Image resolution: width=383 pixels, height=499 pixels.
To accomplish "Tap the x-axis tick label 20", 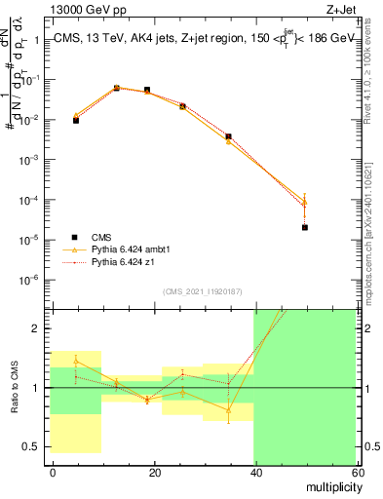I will click(154, 472).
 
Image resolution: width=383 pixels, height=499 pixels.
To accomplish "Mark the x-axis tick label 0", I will click(53, 472).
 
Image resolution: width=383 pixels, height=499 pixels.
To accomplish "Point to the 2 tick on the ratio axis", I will click(37, 328).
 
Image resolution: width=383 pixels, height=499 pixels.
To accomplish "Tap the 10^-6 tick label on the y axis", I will click(31, 280).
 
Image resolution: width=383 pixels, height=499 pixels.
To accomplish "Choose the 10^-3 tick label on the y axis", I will click(31, 160).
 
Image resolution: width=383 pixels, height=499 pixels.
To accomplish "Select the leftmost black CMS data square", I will click(75, 120).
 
